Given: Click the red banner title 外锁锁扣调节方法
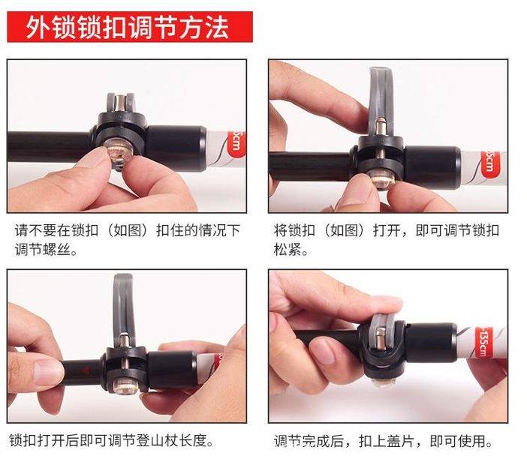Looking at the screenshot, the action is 128,27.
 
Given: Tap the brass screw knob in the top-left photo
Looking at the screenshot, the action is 118,154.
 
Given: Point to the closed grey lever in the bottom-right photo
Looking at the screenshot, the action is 382,333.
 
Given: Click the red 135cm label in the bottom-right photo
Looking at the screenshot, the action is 482,342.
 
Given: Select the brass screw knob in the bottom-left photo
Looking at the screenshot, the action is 125,385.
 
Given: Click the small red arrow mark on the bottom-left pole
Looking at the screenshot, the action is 86,370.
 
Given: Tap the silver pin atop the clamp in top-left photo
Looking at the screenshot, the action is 119,103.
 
